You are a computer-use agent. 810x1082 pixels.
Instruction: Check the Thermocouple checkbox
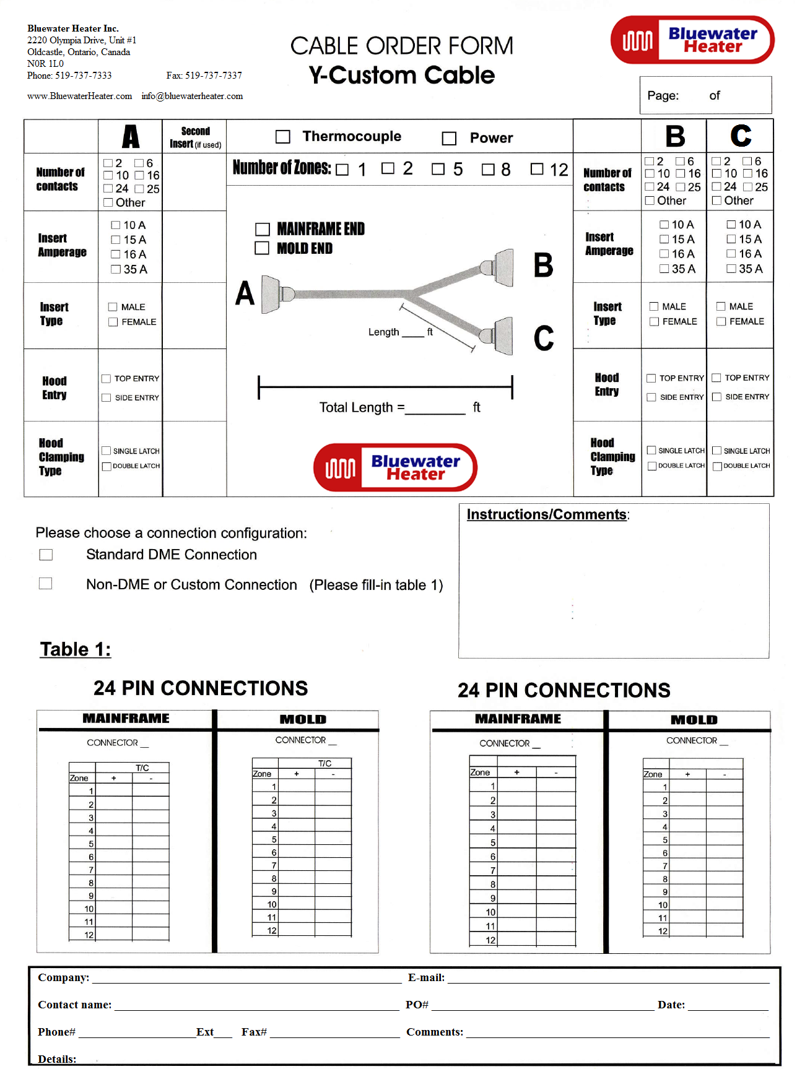point(283,137)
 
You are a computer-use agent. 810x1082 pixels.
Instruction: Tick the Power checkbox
point(449,138)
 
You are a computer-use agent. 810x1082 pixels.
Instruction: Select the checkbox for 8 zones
point(488,169)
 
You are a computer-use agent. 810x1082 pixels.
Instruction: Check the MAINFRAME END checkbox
point(263,230)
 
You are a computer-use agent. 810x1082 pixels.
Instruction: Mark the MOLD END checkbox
point(263,248)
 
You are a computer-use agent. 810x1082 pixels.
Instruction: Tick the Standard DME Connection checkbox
point(46,555)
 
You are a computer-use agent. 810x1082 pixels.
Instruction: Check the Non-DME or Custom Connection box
point(46,584)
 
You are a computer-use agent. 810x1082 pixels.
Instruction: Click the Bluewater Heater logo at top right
point(692,40)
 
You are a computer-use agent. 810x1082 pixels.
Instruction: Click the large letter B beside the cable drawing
point(543,265)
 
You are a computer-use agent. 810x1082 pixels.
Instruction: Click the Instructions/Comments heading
point(547,514)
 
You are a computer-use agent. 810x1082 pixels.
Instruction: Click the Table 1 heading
point(76,649)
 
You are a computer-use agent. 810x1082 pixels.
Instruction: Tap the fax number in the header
point(204,76)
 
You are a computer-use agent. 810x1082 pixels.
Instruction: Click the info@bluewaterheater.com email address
point(192,96)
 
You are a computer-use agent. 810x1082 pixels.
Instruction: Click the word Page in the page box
point(663,96)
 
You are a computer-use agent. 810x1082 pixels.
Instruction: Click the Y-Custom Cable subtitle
point(402,76)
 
